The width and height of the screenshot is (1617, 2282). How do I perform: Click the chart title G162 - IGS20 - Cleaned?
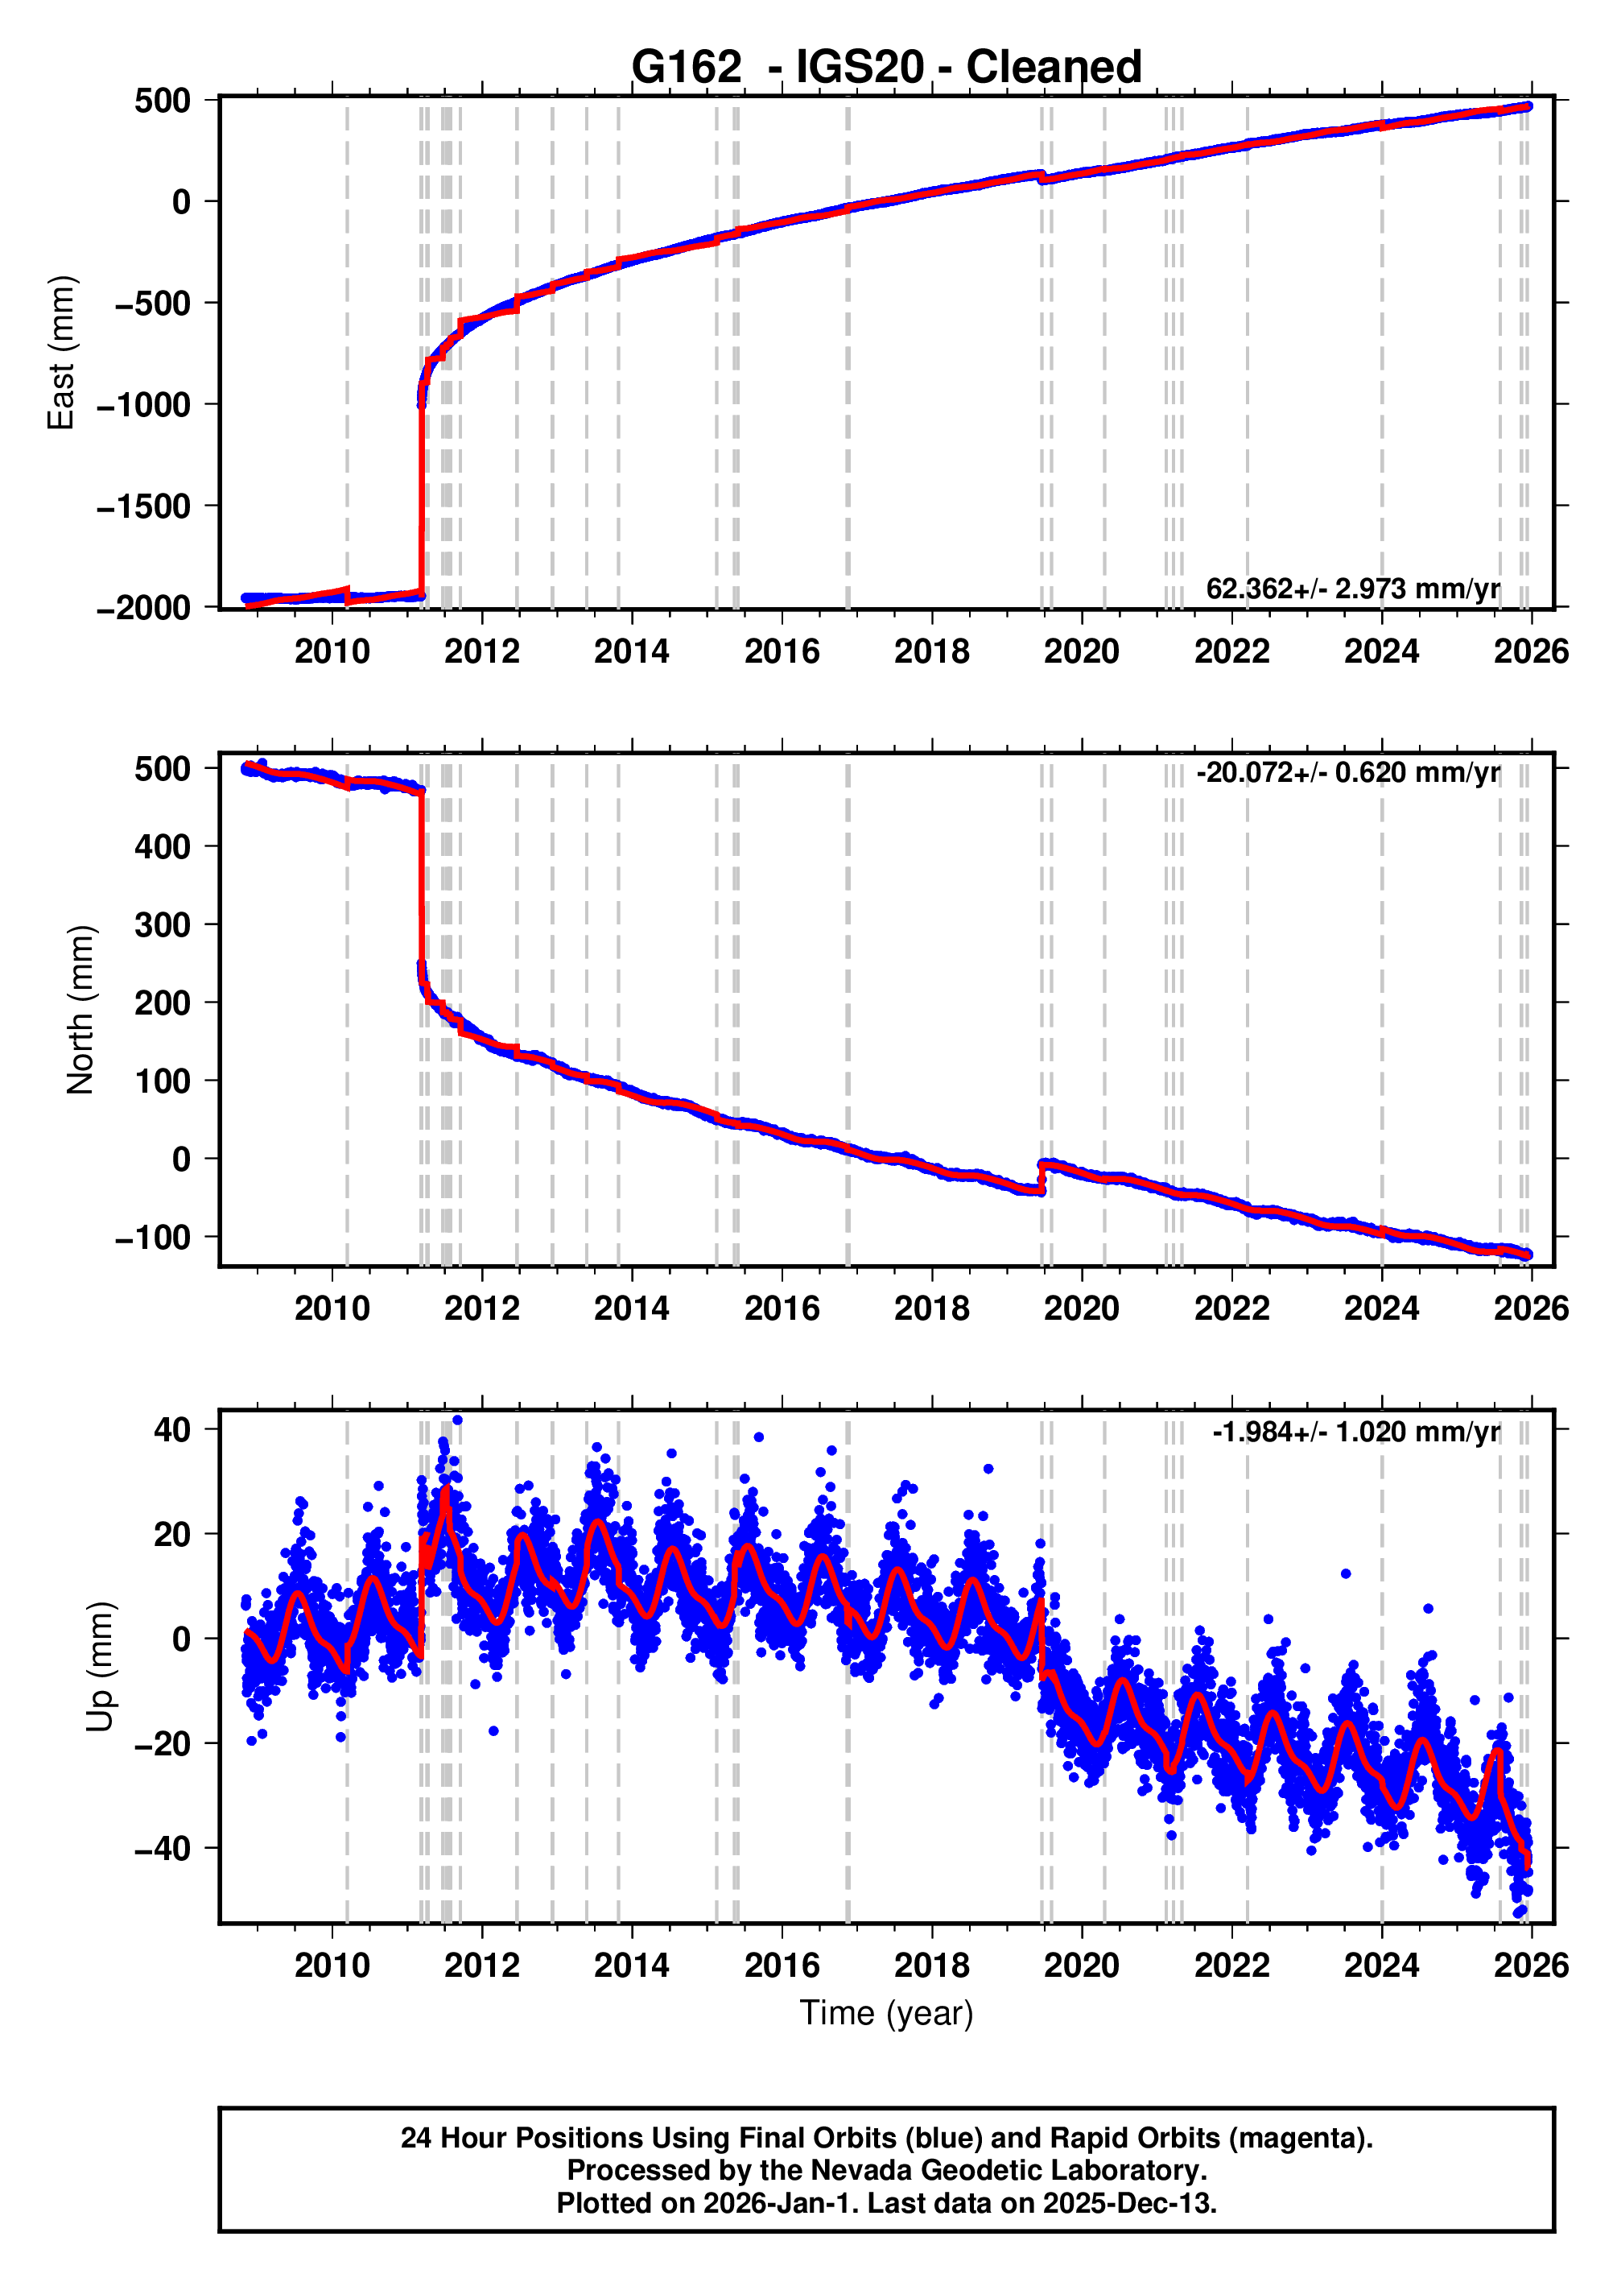(885, 67)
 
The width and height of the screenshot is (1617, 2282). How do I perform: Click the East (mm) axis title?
(62, 353)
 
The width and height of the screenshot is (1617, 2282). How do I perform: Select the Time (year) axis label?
(886, 2013)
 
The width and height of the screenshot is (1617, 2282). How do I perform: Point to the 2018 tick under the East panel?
(931, 651)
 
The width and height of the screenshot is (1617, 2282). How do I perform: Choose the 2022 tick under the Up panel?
(1231, 1966)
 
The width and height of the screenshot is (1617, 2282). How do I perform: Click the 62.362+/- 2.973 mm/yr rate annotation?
(1352, 589)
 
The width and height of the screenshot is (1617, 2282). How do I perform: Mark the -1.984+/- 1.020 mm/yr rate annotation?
(1355, 1432)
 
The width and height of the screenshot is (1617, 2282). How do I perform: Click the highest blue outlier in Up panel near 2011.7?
(457, 1420)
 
